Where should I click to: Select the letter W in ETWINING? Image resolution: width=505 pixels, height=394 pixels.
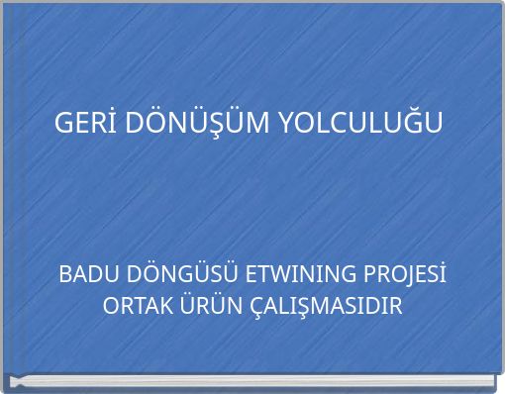click(x=271, y=274)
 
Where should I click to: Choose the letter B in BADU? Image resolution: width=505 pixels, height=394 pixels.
click(x=65, y=274)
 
